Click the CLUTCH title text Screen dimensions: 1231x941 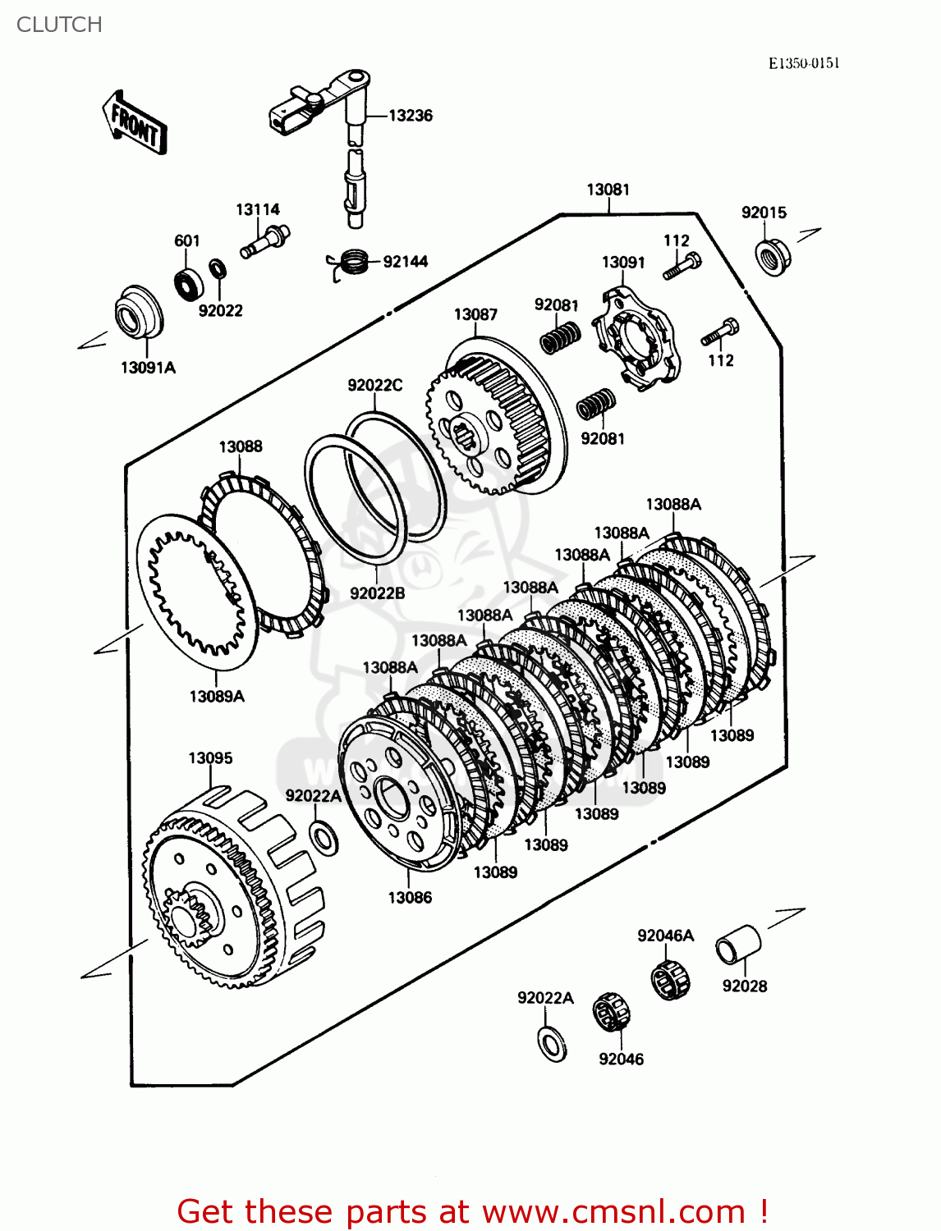59,25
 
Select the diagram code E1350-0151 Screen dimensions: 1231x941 803,64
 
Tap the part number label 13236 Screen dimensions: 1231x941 410,116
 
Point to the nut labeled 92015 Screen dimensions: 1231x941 773,256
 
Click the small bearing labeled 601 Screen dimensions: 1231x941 190,281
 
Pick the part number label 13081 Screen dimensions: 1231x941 608,190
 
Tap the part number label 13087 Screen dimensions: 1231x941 475,314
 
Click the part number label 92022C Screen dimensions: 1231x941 374,386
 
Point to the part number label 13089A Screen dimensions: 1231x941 217,696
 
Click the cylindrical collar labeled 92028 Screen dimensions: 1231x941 737,945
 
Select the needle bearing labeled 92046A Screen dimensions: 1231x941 669,977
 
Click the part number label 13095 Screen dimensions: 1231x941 210,758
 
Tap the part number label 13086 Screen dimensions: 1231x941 410,898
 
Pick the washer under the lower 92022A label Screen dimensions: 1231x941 552,1043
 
